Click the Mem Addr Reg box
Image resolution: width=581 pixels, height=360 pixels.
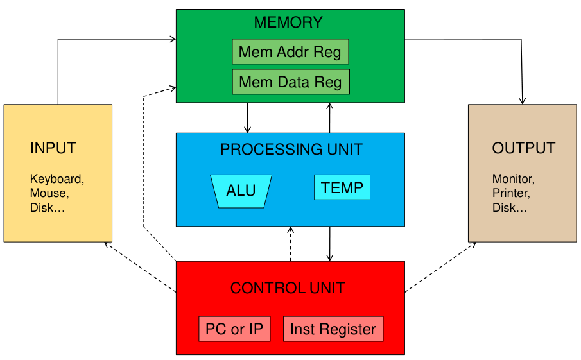290,51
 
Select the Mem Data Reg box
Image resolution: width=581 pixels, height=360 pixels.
290,82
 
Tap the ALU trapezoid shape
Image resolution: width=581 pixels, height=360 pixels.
241,191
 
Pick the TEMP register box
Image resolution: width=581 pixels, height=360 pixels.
342,188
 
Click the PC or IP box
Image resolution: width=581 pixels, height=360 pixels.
234,329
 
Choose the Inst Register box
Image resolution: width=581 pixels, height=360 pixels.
333,329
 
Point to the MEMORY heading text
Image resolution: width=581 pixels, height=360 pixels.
288,22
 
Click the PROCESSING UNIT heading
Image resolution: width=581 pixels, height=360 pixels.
291,150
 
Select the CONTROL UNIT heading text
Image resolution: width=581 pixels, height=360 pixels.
288,288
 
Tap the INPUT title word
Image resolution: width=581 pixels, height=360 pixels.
53,148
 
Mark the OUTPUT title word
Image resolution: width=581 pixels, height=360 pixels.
523,148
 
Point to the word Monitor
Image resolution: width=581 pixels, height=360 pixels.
513,179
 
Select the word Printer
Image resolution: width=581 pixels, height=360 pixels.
511,193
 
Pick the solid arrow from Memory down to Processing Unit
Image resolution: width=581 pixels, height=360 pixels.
247,117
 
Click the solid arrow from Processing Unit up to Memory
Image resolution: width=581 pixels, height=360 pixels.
329,117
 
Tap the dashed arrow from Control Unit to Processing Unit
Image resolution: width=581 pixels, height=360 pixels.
291,244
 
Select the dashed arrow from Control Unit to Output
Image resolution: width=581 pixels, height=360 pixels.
440,267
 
